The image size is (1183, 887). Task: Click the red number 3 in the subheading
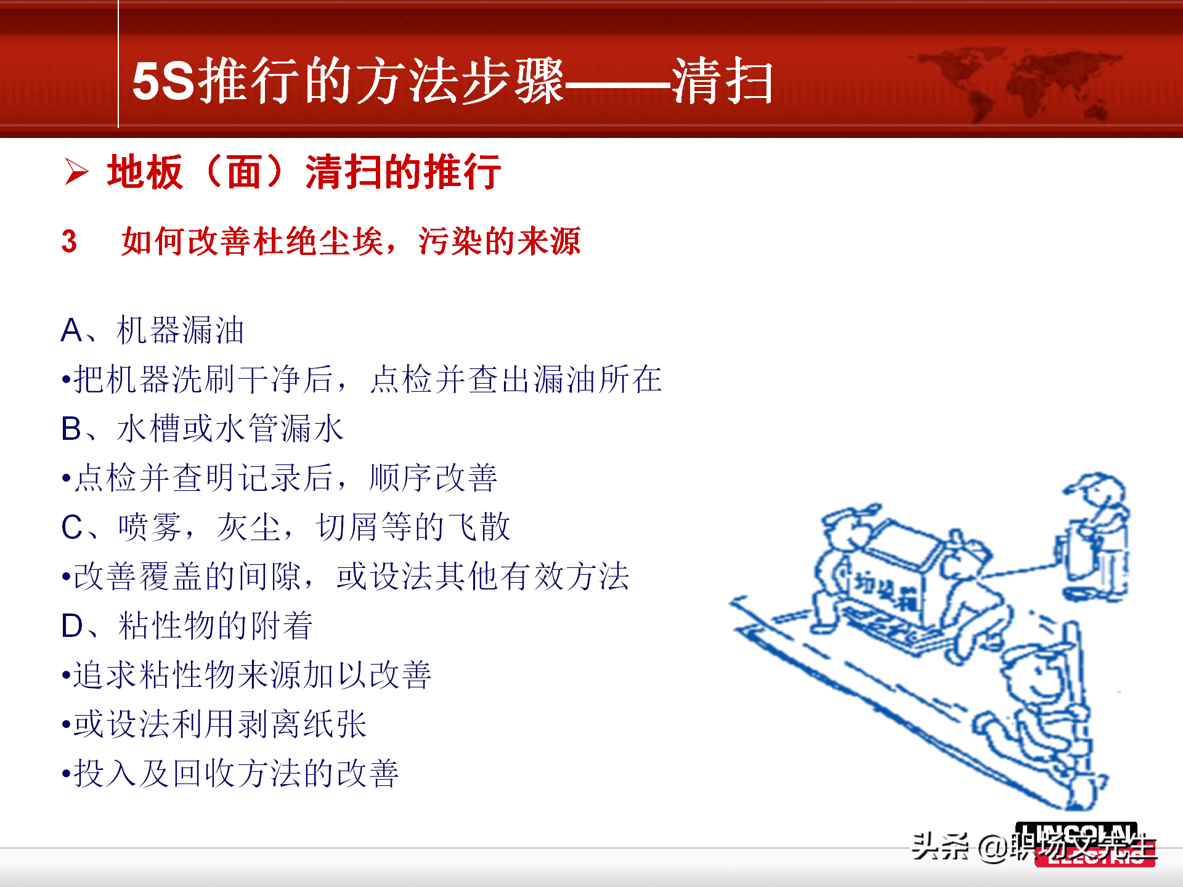coord(69,241)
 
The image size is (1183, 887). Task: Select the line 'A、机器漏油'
coord(152,330)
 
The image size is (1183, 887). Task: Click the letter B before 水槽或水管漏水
coord(71,429)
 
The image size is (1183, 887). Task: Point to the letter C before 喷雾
coord(71,527)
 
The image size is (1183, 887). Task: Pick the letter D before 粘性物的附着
coord(71,626)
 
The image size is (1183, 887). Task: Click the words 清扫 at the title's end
coord(722,81)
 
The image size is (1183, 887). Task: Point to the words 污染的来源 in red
coord(499,241)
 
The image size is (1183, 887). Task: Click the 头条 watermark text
coord(940,846)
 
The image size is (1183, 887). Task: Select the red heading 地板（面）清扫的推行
coord(304,172)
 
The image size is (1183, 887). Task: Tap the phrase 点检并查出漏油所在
coord(516,379)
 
